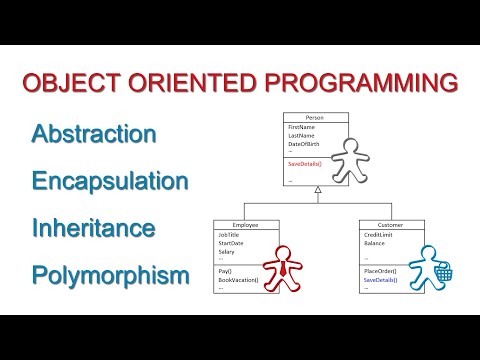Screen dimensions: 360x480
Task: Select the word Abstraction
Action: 94,134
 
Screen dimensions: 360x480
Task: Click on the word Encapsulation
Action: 110,181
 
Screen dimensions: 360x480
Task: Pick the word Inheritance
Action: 94,228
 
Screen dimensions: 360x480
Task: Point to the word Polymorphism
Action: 110,274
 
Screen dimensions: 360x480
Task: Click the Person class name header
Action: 316,118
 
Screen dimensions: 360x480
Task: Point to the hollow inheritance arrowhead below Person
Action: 316,189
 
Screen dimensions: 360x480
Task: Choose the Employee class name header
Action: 245,226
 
